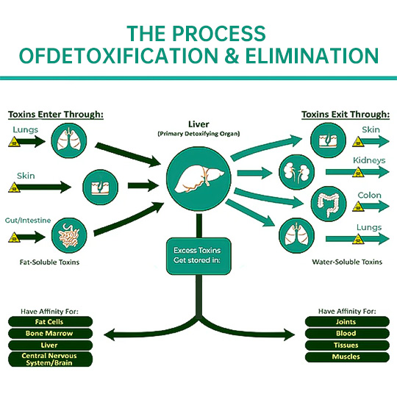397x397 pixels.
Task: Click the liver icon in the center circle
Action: point(198,179)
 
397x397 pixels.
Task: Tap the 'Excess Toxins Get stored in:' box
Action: point(198,256)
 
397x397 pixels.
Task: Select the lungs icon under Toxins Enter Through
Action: point(69,140)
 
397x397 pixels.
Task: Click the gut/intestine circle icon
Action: point(69,235)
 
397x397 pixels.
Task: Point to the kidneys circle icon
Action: point(297,172)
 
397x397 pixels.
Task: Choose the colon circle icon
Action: point(329,204)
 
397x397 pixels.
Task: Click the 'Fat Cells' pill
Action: point(51,321)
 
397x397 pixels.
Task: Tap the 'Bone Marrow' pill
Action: point(51,334)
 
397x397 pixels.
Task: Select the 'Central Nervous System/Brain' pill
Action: point(51,359)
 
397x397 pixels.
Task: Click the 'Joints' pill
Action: point(347,321)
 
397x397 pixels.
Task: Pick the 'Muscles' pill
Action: point(347,357)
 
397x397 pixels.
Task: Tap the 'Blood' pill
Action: point(347,334)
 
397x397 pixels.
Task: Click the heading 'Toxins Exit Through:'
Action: point(346,115)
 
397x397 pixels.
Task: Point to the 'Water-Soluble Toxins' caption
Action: point(347,262)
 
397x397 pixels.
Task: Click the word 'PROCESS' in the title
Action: point(219,34)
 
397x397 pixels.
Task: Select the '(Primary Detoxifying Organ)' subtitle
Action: point(198,134)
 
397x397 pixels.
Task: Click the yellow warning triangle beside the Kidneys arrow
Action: point(358,172)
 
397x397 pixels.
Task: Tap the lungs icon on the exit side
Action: point(297,236)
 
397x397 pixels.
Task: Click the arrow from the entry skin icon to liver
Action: point(143,185)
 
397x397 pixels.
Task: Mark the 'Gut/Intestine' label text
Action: point(28,221)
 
